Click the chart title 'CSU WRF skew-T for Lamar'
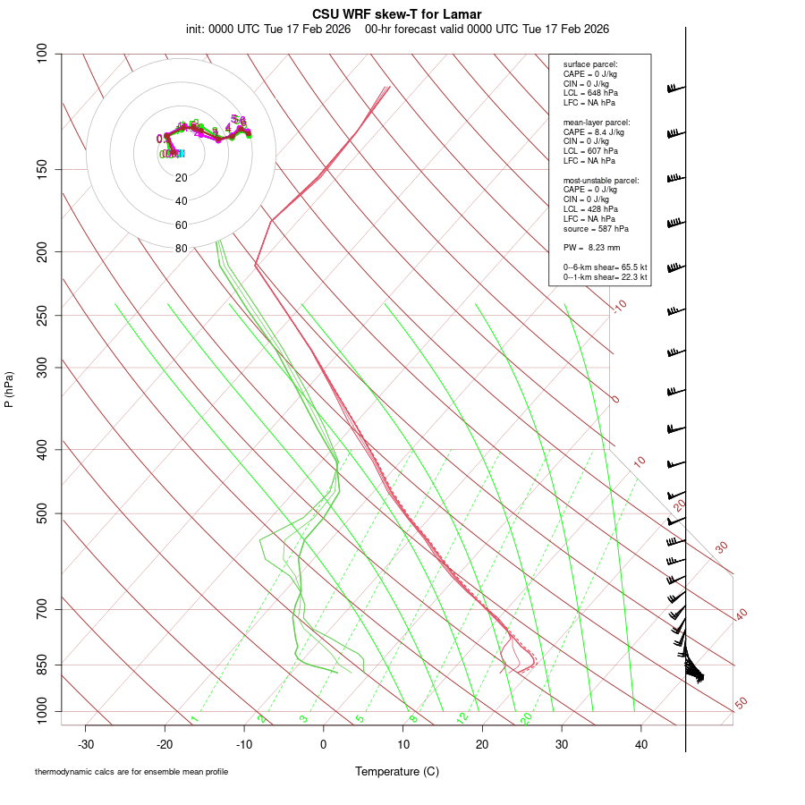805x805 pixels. click(397, 14)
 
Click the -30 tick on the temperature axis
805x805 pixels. click(86, 743)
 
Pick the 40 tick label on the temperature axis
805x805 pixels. click(640, 743)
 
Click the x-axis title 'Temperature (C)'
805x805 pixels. click(397, 771)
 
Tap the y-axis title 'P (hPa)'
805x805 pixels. click(9, 390)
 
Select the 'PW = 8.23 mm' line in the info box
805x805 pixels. click(591, 248)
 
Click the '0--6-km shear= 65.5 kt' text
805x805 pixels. click(605, 267)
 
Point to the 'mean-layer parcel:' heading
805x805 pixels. click(597, 122)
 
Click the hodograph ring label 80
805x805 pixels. click(182, 249)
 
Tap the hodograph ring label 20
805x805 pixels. click(182, 177)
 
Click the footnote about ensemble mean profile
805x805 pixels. click(131, 771)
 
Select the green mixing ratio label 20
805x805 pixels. click(526, 717)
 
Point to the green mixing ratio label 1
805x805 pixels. click(194, 718)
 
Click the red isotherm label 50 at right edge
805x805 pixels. click(741, 704)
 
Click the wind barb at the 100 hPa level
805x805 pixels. click(675, 89)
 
